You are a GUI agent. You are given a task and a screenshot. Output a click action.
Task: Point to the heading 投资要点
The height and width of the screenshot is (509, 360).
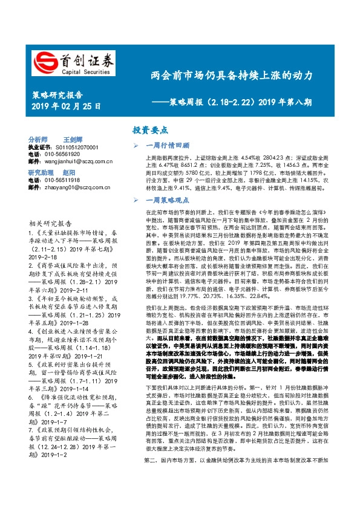(x=151, y=130)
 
